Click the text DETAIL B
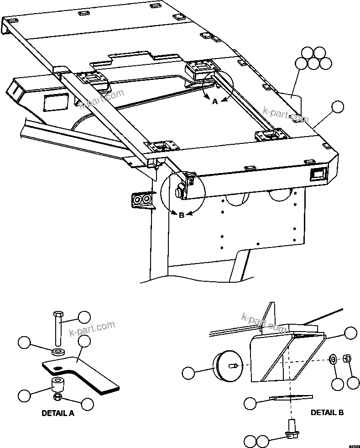coord(327,412)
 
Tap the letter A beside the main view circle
coord(214,102)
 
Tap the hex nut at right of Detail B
coord(346,358)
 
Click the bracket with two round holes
coord(141,200)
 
